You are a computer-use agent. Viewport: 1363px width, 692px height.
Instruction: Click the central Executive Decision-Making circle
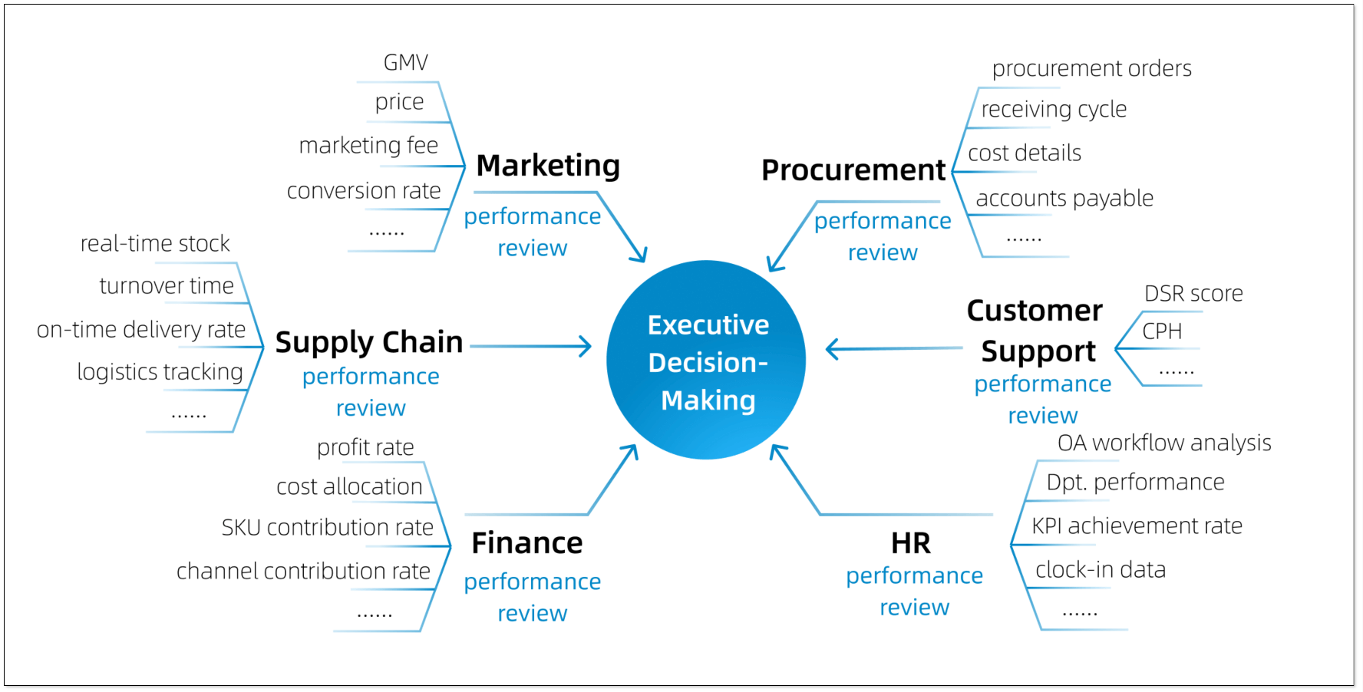pos(706,361)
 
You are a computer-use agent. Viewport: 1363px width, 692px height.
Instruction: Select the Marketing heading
pos(548,166)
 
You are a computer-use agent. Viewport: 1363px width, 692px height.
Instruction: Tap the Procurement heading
pos(853,170)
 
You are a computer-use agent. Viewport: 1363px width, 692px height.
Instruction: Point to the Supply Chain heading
pos(369,342)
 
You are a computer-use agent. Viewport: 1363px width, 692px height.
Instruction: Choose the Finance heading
pos(527,543)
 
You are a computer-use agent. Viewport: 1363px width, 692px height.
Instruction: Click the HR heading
pos(911,543)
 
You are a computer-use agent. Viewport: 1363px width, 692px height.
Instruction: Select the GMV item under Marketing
pos(405,63)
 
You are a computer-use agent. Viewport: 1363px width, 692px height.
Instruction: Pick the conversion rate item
pos(364,191)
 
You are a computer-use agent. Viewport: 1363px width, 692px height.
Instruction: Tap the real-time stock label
pos(155,244)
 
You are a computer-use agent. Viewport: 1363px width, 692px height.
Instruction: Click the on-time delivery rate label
pos(141,330)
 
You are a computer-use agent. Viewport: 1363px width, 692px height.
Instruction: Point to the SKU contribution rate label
pos(328,528)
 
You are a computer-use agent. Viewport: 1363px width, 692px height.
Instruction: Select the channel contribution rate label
pos(303,572)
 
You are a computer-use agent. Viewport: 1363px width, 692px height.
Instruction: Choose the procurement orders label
pos(1091,69)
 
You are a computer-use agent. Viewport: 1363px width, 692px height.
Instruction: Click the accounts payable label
pos(1064,199)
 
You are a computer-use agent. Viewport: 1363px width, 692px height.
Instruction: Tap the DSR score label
pos(1193,294)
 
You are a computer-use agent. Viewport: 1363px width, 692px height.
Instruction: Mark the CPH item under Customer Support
pos(1162,331)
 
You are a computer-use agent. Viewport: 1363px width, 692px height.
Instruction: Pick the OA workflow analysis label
pos(1164,443)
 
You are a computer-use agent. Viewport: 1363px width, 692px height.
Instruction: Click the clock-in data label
pos(1101,570)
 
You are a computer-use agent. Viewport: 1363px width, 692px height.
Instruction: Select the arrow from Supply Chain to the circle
pos(530,347)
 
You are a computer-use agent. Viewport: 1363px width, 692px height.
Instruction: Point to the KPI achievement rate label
pos(1137,526)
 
